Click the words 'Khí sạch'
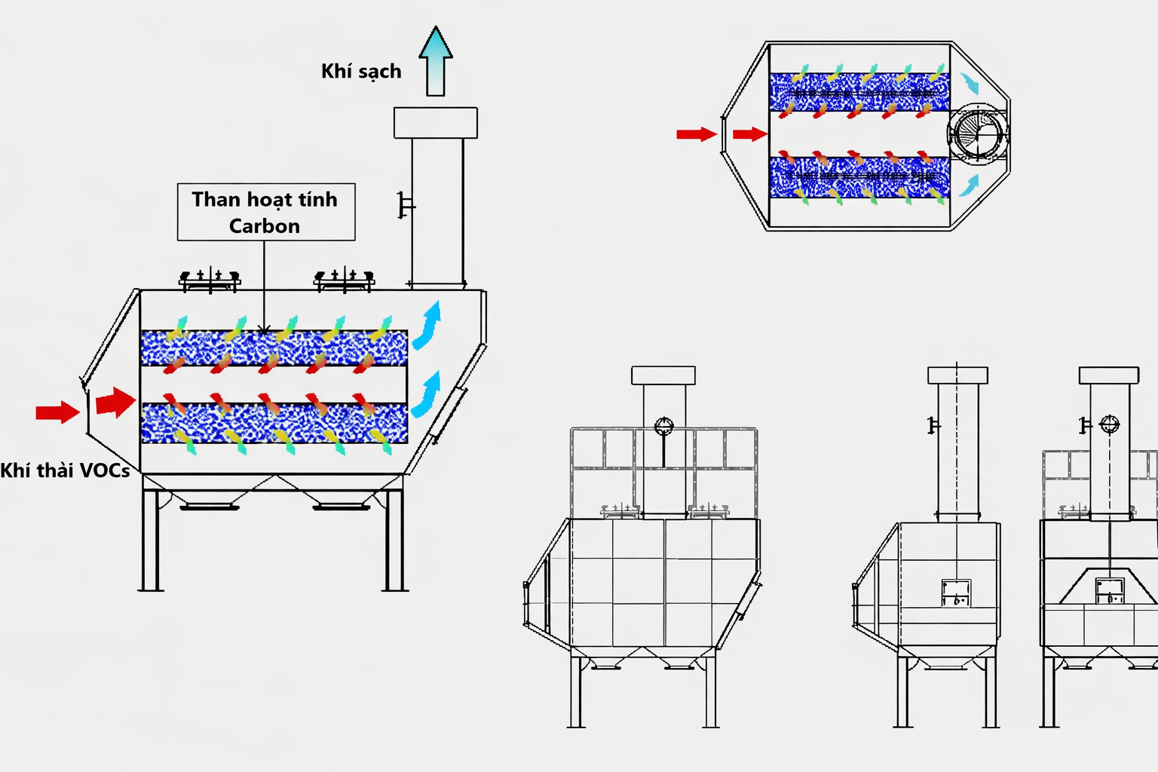pos(361,72)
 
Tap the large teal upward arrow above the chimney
pos(436,61)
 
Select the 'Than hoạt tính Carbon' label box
pos(266,212)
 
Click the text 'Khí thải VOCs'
pos(65,470)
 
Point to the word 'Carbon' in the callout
pos(264,226)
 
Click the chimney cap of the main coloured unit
pos(436,123)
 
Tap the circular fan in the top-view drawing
pos(978,134)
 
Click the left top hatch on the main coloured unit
pos(210,280)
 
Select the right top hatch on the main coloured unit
pos(344,280)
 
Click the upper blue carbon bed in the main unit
pos(274,348)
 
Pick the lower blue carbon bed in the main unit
pos(274,424)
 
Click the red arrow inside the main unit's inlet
pos(116,402)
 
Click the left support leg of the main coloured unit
pos(151,540)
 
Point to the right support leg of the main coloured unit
pos(395,540)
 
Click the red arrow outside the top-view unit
pos(697,134)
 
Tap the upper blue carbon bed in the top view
pos(859,92)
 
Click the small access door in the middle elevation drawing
pos(956,593)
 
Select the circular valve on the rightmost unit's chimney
pos(1109,424)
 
